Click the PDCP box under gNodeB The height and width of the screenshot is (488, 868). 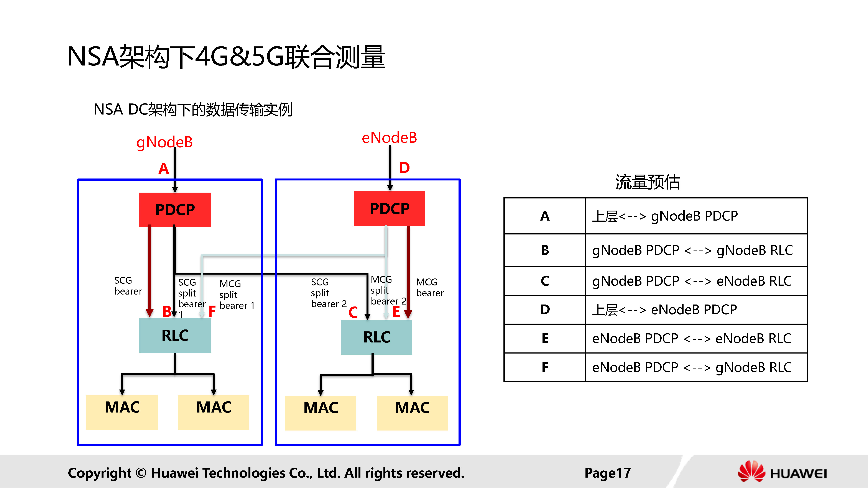point(175,210)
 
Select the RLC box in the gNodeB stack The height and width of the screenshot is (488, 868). point(175,336)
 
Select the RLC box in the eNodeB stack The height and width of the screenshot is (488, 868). point(376,337)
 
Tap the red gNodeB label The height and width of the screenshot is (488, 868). point(164,142)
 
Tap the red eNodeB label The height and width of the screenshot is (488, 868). point(389,138)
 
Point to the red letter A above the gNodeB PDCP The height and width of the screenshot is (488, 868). point(164,168)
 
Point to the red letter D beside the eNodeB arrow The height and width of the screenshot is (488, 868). point(404,168)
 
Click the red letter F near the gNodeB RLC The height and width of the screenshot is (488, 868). point(212,311)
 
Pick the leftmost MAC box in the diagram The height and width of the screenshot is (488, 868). point(122,412)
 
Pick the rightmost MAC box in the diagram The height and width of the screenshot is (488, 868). point(412,412)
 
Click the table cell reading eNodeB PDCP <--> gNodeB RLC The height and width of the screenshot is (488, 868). point(692,367)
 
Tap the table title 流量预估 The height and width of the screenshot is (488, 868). point(647,182)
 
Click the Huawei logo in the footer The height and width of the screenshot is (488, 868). point(781,472)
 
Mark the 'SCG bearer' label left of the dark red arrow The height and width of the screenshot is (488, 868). point(128,286)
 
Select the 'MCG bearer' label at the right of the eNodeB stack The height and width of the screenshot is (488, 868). point(430,287)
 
